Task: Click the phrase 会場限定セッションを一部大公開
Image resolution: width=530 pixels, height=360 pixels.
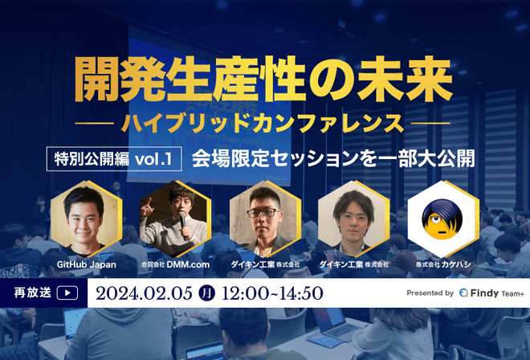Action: (x=333, y=157)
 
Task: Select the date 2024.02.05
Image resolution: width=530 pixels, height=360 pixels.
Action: (x=149, y=292)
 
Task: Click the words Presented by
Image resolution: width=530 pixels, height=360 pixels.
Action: (x=430, y=293)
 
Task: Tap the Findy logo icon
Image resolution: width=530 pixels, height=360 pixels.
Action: (x=465, y=293)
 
